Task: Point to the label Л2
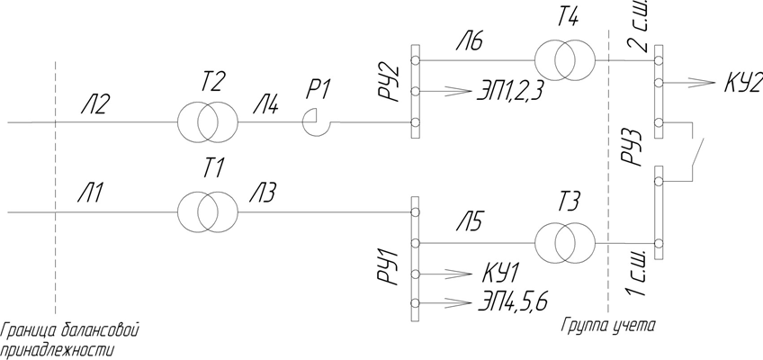tap(94, 103)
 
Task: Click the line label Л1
tap(91, 193)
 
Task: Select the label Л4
tap(265, 103)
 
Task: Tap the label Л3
tap(263, 193)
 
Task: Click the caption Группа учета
tap(609, 326)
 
